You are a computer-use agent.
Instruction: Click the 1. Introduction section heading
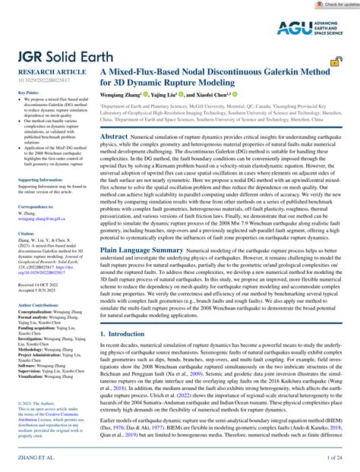(127, 333)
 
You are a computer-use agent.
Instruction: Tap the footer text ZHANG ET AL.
(27, 458)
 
